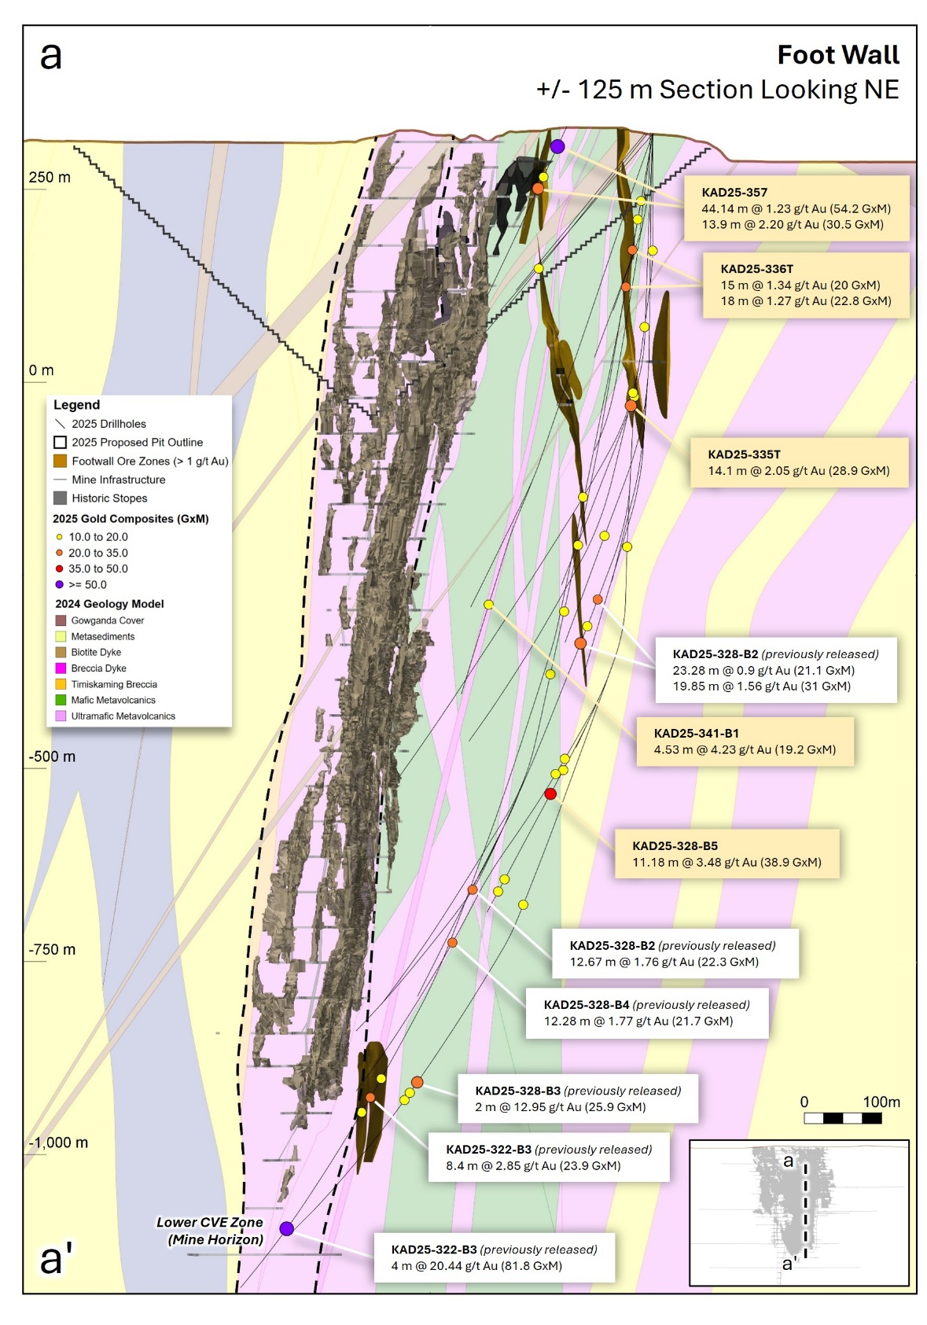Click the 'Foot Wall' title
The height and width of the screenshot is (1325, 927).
(837, 55)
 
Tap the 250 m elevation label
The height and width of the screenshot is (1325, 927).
(50, 178)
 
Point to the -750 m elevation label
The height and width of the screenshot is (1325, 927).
(52, 949)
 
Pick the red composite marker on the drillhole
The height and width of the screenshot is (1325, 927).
(550, 793)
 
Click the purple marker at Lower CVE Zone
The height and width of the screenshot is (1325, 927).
(287, 1228)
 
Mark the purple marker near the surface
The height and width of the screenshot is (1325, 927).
(557, 146)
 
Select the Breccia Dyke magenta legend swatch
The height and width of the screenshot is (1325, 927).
(61, 668)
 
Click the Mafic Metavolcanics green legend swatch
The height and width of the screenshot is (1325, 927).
(61, 700)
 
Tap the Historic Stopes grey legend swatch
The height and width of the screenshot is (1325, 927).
(60, 498)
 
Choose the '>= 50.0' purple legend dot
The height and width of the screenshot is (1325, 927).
(59, 584)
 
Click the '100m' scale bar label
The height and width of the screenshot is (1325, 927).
(881, 1102)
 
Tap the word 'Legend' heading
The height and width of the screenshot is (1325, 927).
(76, 405)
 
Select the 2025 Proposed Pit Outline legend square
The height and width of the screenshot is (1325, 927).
(60, 442)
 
